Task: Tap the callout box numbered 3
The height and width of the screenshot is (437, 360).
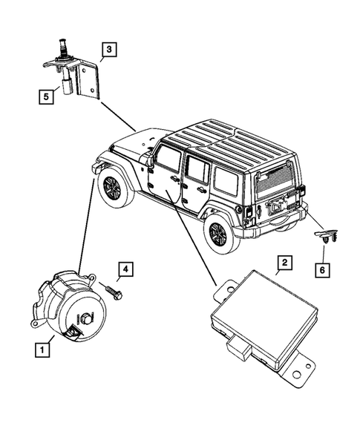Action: pyautogui.click(x=108, y=50)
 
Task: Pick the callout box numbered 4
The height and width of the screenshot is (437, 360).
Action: pyautogui.click(x=126, y=269)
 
